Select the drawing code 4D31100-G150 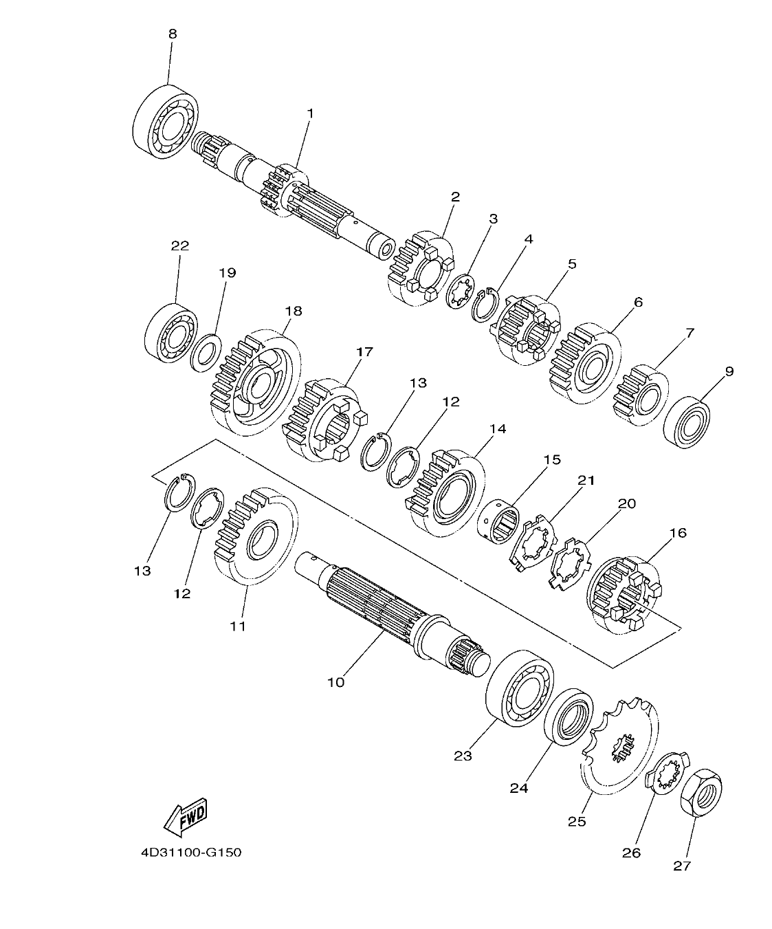(191, 853)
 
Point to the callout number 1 (310, 113)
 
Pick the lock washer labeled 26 (667, 774)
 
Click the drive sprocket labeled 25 (619, 746)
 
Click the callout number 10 (336, 682)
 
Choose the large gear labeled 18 (254, 382)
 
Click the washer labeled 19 (205, 352)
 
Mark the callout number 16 (677, 533)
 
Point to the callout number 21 (586, 480)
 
